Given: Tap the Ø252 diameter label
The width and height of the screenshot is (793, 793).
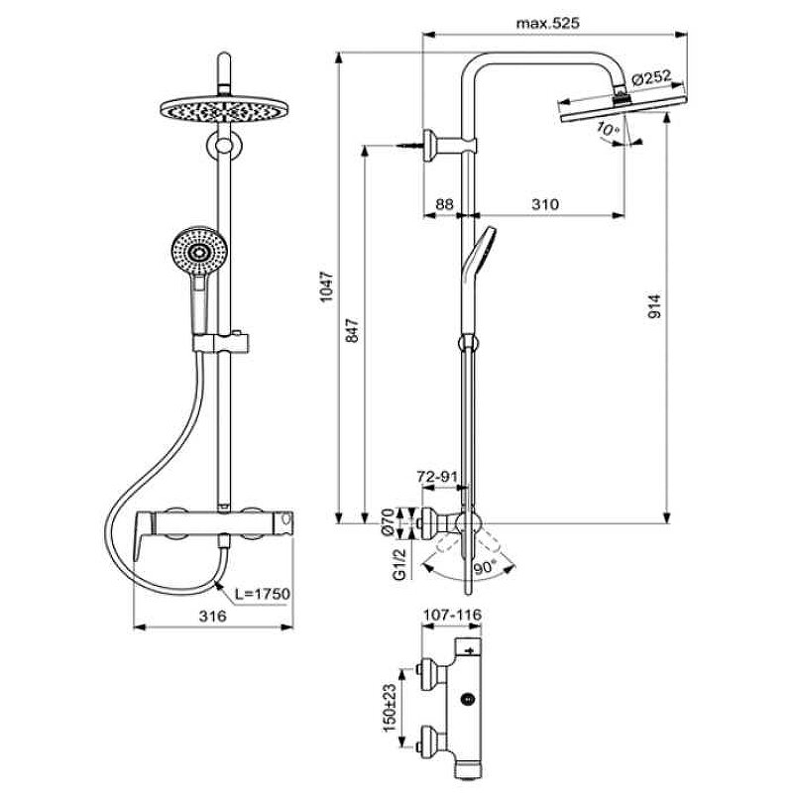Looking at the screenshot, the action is (651, 78).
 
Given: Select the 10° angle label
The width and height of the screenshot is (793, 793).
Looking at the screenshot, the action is (606, 129).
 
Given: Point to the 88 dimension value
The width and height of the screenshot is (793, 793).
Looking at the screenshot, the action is (444, 204).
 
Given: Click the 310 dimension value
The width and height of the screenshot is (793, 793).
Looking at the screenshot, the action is (544, 204).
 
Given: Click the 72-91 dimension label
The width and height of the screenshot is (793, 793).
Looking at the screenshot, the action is (437, 478).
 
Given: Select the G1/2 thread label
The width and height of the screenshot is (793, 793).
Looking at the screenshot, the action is (398, 562).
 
